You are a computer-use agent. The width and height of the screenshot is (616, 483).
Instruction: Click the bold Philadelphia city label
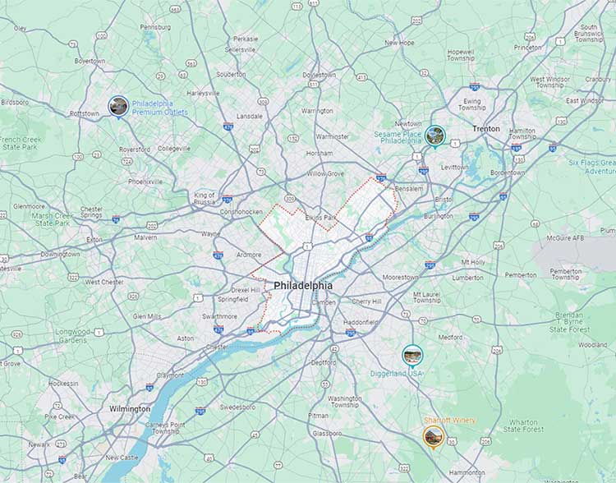(303, 286)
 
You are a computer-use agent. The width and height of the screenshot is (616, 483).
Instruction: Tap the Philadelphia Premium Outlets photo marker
(118, 106)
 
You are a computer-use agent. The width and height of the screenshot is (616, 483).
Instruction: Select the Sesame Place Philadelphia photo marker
(435, 136)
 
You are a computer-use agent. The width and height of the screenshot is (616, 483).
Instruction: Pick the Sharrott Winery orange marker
(434, 435)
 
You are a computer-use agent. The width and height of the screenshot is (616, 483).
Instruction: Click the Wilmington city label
(130, 408)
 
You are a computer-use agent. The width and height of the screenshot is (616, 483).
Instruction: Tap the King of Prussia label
(205, 199)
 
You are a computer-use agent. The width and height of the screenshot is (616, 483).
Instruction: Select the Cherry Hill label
(366, 301)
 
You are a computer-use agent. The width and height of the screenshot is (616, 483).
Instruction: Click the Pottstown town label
(84, 113)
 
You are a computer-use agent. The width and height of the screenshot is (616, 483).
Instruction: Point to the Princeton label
(527, 48)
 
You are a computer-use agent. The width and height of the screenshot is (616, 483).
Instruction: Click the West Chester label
(103, 282)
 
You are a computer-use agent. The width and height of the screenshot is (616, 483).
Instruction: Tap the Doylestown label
(319, 75)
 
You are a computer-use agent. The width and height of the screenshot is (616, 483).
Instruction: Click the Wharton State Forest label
(523, 425)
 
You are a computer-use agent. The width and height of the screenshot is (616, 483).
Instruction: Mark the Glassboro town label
(326, 433)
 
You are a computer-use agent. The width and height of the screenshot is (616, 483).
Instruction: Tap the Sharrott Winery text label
(449, 421)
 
